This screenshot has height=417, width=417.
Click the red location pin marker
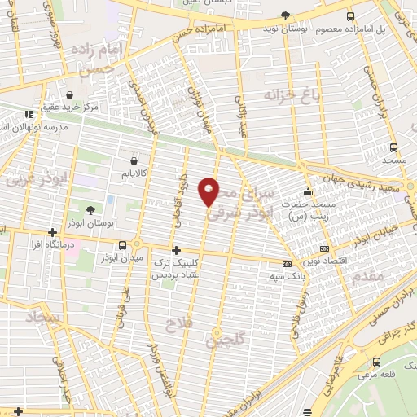(x=209, y=191)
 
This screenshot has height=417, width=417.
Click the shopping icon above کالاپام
(x=133, y=161)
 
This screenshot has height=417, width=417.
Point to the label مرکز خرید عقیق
(x=72, y=107)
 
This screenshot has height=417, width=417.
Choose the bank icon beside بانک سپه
(x=286, y=264)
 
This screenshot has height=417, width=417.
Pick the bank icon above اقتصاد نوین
(x=325, y=248)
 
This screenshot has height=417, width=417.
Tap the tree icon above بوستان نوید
(x=285, y=15)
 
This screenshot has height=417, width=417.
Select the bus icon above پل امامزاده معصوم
(x=350, y=16)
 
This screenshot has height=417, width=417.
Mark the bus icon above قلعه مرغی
(x=377, y=362)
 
